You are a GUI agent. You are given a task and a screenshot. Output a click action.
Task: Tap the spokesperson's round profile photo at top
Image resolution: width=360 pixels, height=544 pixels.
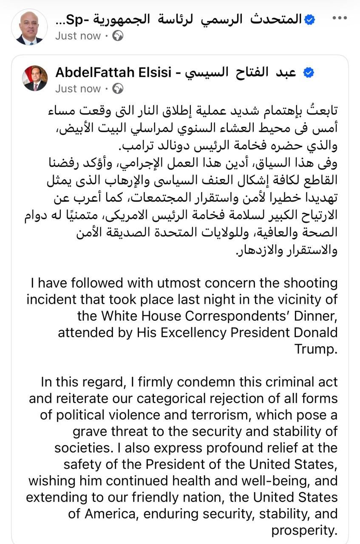[x=29, y=27]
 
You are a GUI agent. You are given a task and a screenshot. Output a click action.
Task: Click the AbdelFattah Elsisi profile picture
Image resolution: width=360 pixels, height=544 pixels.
[x=35, y=78]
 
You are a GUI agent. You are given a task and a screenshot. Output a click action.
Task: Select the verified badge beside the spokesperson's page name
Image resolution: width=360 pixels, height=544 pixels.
[x=309, y=19]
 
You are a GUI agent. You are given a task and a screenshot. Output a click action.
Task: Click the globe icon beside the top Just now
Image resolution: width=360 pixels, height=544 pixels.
[x=118, y=36]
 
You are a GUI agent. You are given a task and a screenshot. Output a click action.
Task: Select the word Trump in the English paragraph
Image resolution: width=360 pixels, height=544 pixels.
[x=316, y=349]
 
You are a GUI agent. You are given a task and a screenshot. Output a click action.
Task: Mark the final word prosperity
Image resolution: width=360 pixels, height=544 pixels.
[x=304, y=531]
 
